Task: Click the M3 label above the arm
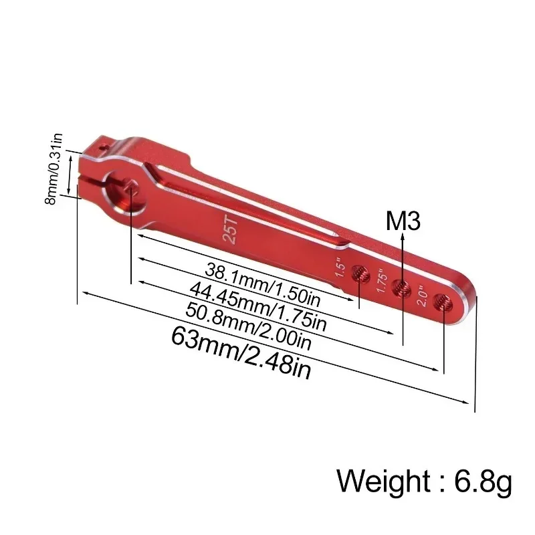403,221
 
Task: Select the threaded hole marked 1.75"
401,288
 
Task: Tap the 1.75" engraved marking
381,281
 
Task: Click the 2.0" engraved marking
423,295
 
